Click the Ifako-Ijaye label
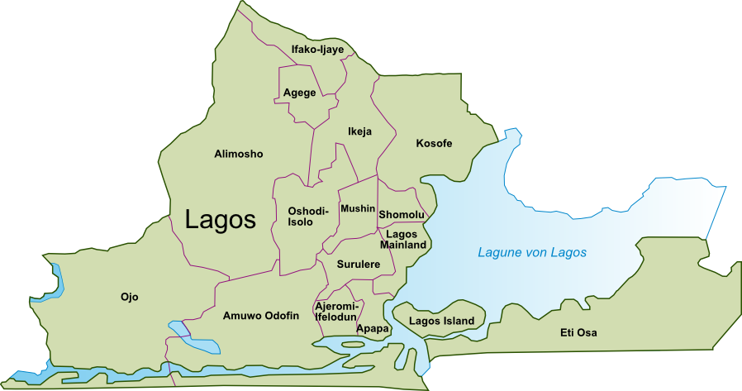pyautogui.click(x=317, y=50)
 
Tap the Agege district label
pyautogui.click(x=299, y=93)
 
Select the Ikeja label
pyautogui.click(x=360, y=131)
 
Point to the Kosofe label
pyautogui.click(x=434, y=144)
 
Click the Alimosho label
pyautogui.click(x=238, y=155)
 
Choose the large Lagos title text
pyautogui.click(x=221, y=220)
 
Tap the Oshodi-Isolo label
pyautogui.click(x=308, y=217)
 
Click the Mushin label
pyautogui.click(x=358, y=208)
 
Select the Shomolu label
pyautogui.click(x=402, y=215)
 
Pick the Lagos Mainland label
pyautogui.click(x=403, y=240)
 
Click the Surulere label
pyautogui.click(x=358, y=265)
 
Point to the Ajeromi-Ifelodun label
pyautogui.click(x=335, y=312)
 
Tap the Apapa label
pyautogui.click(x=372, y=329)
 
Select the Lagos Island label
pyautogui.click(x=441, y=321)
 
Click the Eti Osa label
pyautogui.click(x=578, y=333)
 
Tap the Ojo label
pyautogui.click(x=129, y=297)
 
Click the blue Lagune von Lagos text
pyautogui.click(x=532, y=252)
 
